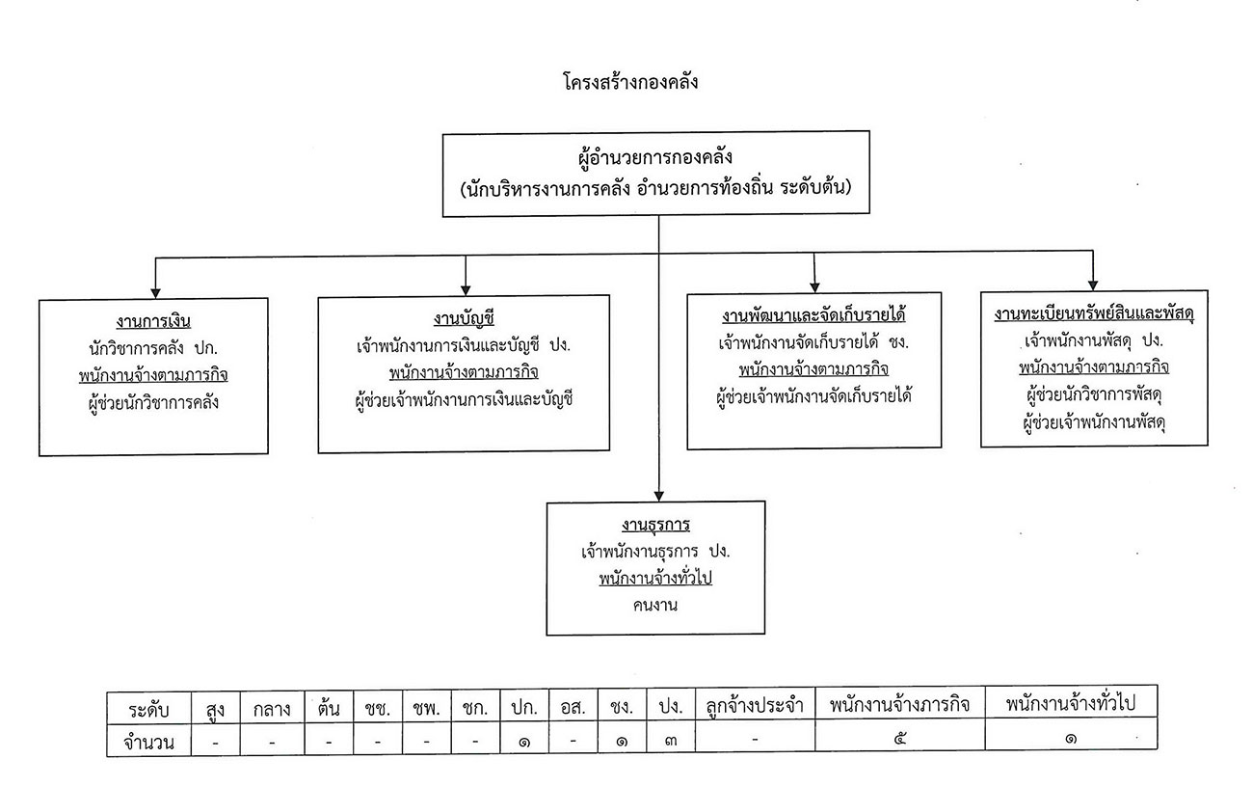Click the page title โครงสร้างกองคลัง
630,83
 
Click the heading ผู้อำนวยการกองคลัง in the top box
655,157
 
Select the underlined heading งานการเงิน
153,321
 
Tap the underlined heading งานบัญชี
464,318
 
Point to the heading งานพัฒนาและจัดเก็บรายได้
813,315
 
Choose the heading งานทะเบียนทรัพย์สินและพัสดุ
1094,313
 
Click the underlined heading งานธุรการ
655,525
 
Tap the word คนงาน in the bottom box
655,606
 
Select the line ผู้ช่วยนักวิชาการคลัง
153,402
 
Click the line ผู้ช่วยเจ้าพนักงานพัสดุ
1094,422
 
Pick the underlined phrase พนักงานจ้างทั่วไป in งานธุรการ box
655,578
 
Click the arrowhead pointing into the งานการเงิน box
155,293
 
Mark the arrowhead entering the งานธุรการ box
659,496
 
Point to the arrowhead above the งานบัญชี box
466,290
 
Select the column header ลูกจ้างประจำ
755,705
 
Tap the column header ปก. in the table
524,708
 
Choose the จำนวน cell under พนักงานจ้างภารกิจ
899,739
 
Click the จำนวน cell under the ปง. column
671,741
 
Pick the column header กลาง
272,710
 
